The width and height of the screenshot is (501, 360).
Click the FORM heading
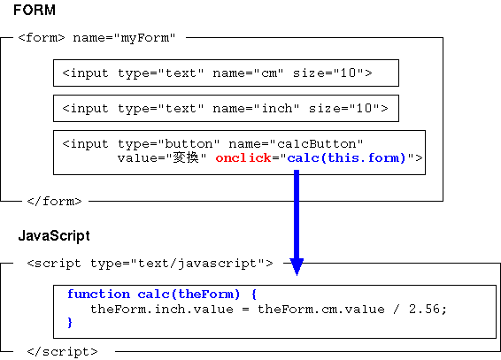coord(35,11)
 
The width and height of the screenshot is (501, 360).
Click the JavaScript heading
coord(54,236)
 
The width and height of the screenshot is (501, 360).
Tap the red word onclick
coord(243,158)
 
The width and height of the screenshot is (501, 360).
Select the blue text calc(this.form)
coord(346,158)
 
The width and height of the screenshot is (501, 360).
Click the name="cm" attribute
coord(248,73)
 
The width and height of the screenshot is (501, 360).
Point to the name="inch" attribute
coord(256,109)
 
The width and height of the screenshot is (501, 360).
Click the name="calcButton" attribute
coord(296,144)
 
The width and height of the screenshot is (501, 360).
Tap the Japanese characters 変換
coord(186,158)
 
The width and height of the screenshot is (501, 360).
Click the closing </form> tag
coord(54,202)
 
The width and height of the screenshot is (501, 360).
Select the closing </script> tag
coord(62,352)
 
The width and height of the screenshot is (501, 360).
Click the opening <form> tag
coord(42,38)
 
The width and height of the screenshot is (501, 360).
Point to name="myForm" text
coord(124,38)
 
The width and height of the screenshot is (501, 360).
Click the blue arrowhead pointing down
coord(297,266)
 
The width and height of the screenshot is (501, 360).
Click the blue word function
coord(99,294)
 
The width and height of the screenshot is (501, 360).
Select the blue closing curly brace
coord(70,322)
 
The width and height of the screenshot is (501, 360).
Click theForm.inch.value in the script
coord(162,310)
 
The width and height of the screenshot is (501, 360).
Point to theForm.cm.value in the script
coord(321,310)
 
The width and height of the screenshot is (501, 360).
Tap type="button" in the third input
coord(169,144)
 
